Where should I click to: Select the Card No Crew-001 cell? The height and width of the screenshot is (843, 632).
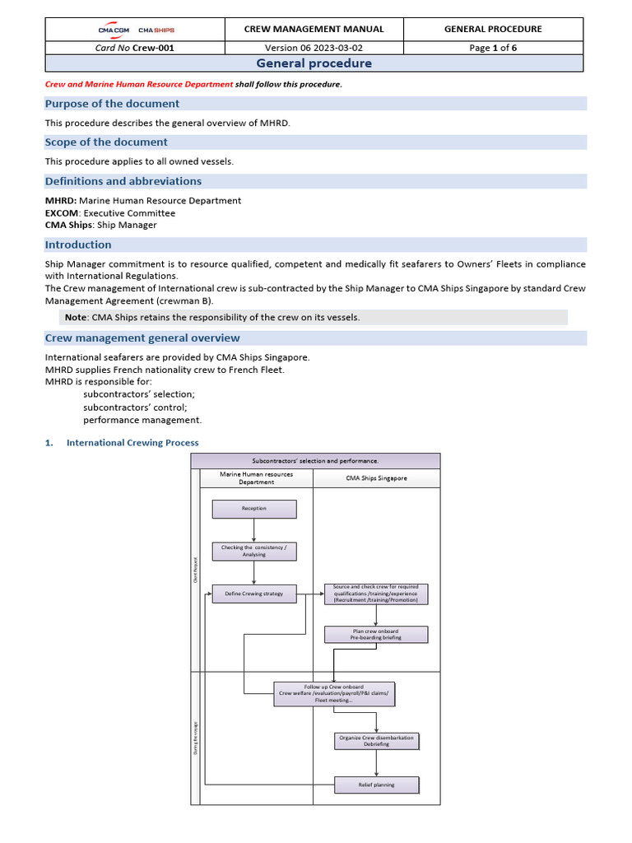[135, 48]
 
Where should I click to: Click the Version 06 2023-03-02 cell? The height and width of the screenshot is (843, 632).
[314, 48]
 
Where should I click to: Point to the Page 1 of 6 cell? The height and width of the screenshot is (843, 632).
[493, 48]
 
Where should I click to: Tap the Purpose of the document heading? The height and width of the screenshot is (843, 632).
[112, 104]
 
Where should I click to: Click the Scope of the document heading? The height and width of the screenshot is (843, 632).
[106, 142]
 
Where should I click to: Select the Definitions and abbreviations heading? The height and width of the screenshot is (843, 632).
[123, 181]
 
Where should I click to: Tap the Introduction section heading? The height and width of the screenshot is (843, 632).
[78, 245]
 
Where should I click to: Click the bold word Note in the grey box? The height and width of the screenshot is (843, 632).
[76, 317]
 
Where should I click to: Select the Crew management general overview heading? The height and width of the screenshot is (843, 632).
[142, 338]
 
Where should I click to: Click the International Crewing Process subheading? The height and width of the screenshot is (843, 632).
[132, 443]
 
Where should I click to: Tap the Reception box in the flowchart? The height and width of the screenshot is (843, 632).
[254, 509]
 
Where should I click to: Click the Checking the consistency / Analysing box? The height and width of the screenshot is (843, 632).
[254, 551]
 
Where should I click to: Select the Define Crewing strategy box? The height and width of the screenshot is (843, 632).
[254, 594]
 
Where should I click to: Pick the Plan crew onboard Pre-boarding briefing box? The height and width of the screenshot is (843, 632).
[376, 634]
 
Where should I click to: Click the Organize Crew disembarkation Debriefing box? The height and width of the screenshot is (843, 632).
[376, 741]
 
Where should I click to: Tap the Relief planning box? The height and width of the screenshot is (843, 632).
[376, 785]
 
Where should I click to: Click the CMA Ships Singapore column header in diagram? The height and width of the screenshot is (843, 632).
[376, 478]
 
